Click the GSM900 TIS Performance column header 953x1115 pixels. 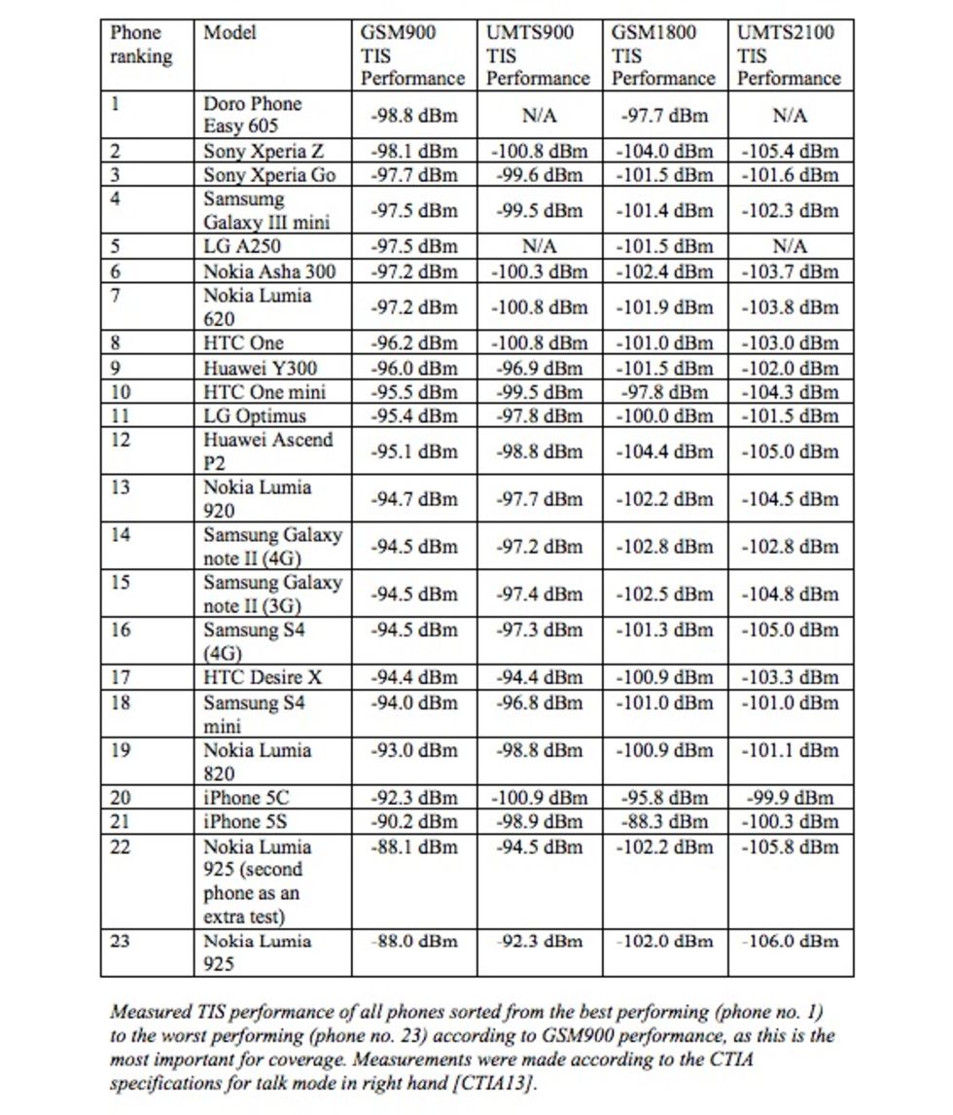point(413,55)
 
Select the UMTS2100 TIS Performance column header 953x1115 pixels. point(789,55)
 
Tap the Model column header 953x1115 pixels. point(229,33)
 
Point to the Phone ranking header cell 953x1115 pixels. point(141,45)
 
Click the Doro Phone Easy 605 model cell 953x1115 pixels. point(253,115)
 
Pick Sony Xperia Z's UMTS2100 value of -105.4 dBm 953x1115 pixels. point(789,152)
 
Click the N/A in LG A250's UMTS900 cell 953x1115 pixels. point(538,247)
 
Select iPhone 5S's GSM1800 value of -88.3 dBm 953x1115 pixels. point(664,822)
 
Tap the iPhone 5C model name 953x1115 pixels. point(246,799)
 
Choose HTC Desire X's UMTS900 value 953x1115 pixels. point(538,678)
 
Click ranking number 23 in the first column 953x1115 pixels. point(121,942)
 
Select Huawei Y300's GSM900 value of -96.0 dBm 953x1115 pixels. point(413,369)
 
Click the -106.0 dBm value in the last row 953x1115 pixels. point(789,942)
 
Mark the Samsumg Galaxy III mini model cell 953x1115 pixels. point(266,211)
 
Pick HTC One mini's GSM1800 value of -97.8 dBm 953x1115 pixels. point(664,392)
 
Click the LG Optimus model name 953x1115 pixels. point(255,416)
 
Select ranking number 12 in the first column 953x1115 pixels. point(121,440)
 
